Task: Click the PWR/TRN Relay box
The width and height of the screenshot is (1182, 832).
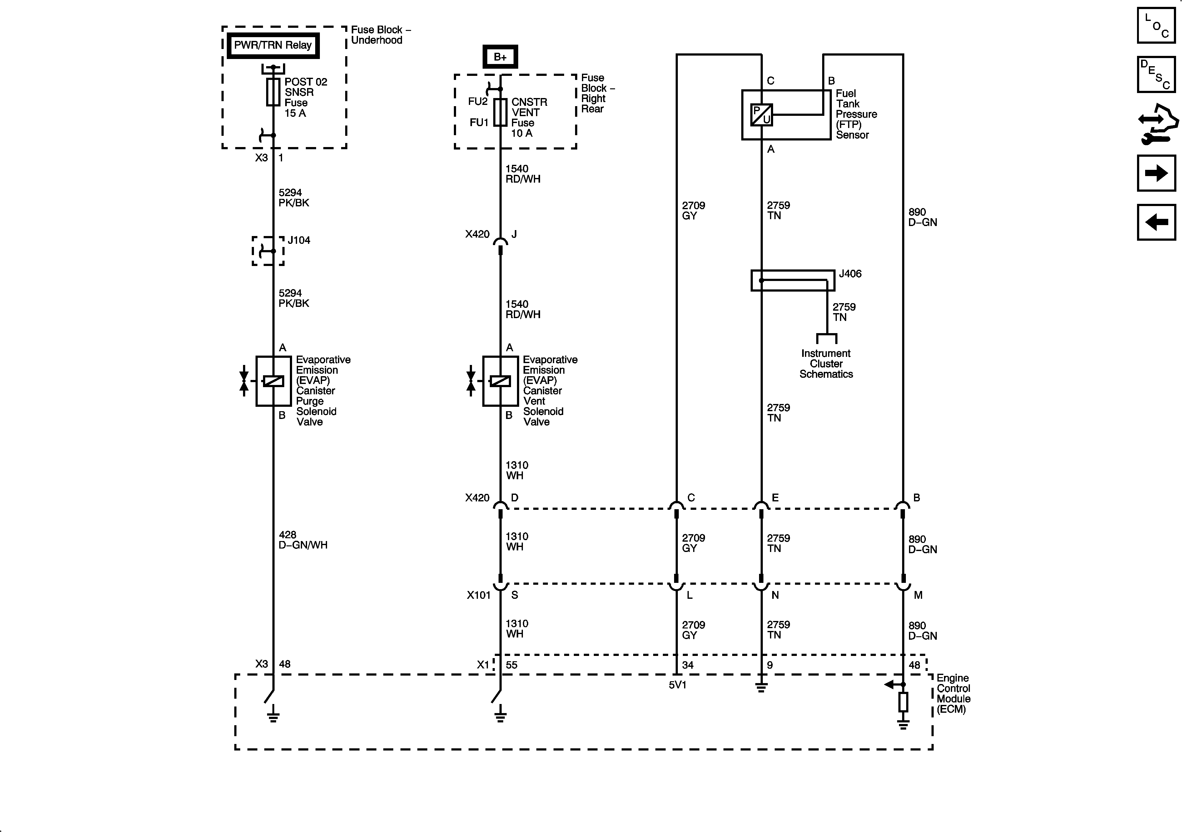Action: pyautogui.click(x=273, y=45)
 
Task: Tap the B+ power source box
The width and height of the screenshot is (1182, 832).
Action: pyautogui.click(x=500, y=57)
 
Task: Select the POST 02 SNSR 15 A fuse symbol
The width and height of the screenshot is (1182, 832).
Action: pyautogui.click(x=273, y=92)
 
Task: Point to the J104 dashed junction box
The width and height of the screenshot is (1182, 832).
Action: pyautogui.click(x=268, y=251)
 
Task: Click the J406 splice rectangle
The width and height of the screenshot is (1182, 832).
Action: pyautogui.click(x=793, y=280)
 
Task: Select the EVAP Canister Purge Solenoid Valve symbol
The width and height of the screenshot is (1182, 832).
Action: pyautogui.click(x=273, y=381)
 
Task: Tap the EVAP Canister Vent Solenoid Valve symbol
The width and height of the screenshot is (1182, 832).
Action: pyautogui.click(x=500, y=381)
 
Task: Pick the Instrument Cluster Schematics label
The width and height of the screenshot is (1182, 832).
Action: pyautogui.click(x=826, y=364)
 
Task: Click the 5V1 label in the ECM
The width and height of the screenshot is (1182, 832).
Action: pyautogui.click(x=678, y=685)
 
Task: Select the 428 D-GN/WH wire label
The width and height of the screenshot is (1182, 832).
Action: pyautogui.click(x=303, y=540)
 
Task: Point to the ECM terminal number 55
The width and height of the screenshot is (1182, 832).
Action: pyautogui.click(x=511, y=665)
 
